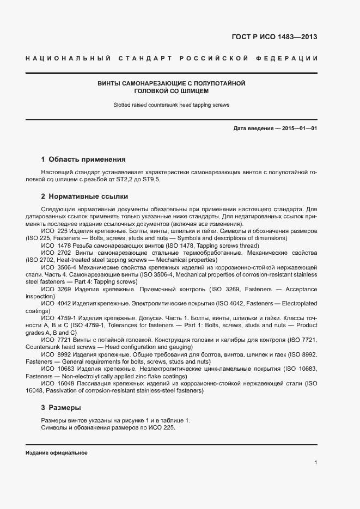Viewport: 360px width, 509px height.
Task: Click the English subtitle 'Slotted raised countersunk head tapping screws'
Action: coord(172,105)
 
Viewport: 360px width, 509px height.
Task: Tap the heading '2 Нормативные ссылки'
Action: coord(84,196)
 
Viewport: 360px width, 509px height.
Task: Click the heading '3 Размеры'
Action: coord(61,407)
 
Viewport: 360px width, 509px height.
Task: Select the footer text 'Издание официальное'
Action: coord(57,453)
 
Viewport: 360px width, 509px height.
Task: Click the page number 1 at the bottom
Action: coord(315,463)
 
